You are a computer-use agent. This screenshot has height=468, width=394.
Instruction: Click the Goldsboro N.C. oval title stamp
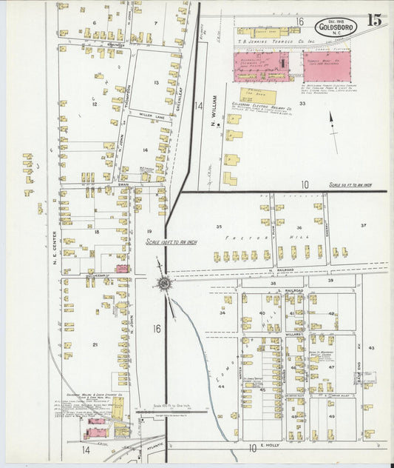point(339,26)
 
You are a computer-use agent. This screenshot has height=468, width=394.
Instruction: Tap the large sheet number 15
point(375,21)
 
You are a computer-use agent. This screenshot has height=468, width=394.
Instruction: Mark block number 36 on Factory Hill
point(299,228)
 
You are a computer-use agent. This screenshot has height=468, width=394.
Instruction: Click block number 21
point(95,344)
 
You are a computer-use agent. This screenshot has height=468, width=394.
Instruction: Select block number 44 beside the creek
point(220,387)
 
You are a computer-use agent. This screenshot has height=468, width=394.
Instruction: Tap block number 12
point(94,104)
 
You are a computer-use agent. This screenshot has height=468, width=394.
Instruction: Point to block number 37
point(363,225)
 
